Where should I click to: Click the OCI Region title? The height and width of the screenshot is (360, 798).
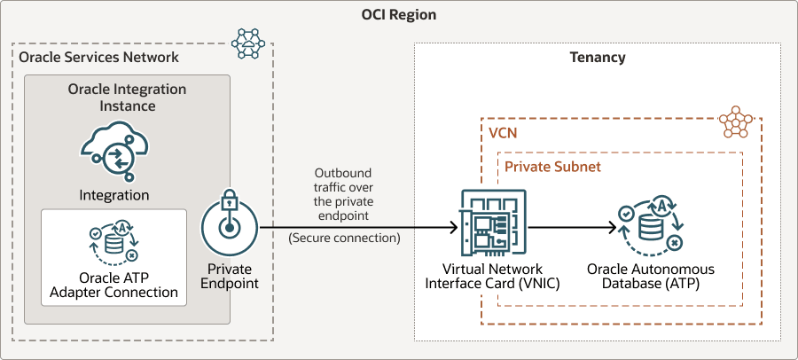[399, 15]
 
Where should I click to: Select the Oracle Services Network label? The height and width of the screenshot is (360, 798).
[98, 58]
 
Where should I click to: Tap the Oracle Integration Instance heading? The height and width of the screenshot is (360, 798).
[127, 98]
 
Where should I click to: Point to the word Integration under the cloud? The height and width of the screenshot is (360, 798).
[114, 195]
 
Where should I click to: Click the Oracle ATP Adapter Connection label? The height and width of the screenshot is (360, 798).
[113, 285]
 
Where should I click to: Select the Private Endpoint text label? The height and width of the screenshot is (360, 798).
[229, 277]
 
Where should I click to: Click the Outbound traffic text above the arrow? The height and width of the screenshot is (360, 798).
[343, 193]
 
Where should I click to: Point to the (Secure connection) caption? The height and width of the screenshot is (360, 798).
[344, 238]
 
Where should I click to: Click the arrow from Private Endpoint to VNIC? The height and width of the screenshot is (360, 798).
[355, 227]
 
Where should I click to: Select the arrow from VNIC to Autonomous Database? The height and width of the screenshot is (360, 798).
[572, 227]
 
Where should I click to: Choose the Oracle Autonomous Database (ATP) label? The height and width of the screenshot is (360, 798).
[650, 277]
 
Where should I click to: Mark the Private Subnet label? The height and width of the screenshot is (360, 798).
[552, 166]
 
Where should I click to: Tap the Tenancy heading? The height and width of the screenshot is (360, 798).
[597, 58]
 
